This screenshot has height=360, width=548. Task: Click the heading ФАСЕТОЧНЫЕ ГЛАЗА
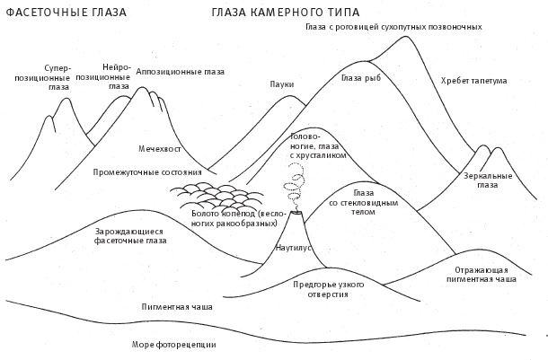(x=66, y=13)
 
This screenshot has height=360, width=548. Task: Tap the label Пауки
(x=282, y=85)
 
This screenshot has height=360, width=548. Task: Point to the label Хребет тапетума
(x=474, y=81)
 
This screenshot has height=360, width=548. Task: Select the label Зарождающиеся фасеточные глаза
(x=130, y=235)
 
